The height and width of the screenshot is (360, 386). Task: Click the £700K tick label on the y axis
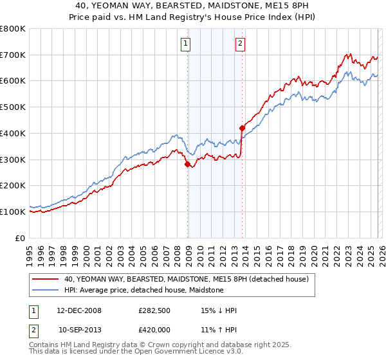click(13, 55)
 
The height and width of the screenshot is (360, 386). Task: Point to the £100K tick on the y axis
click(13, 212)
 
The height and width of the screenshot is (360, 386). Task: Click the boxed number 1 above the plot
click(185, 44)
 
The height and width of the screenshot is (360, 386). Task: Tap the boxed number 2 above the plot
click(240, 44)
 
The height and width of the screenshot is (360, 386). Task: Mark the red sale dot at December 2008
click(187, 164)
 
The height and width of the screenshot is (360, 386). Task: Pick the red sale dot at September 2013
click(242, 128)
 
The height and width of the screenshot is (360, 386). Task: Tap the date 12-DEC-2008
click(80, 310)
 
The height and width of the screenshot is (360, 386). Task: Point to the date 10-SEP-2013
click(80, 328)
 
